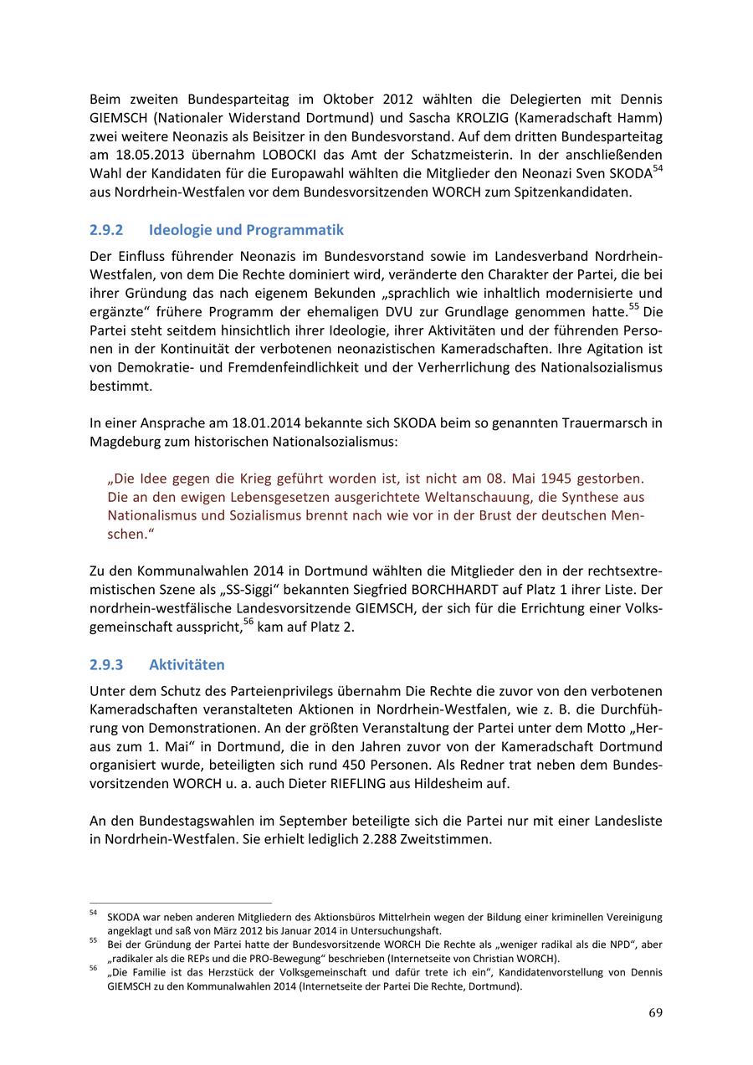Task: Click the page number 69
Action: tap(655, 1013)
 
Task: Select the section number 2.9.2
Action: tap(106, 230)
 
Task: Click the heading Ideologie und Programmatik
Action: tap(246, 230)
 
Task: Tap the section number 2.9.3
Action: tap(106, 665)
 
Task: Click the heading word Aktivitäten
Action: tap(187, 665)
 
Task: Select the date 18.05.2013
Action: tap(141, 155)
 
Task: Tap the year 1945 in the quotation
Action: tap(557, 479)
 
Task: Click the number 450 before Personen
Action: tap(355, 765)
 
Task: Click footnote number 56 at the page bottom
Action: tap(94, 968)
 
